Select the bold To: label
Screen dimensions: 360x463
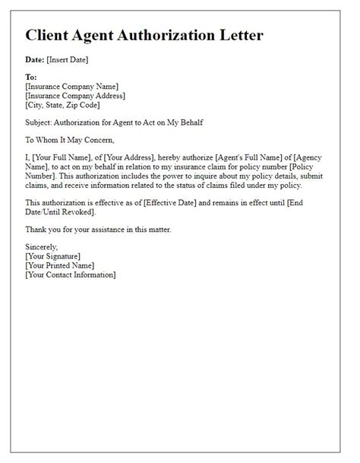31,78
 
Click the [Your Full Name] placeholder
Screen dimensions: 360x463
65,157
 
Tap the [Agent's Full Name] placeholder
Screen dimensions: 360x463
249,157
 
